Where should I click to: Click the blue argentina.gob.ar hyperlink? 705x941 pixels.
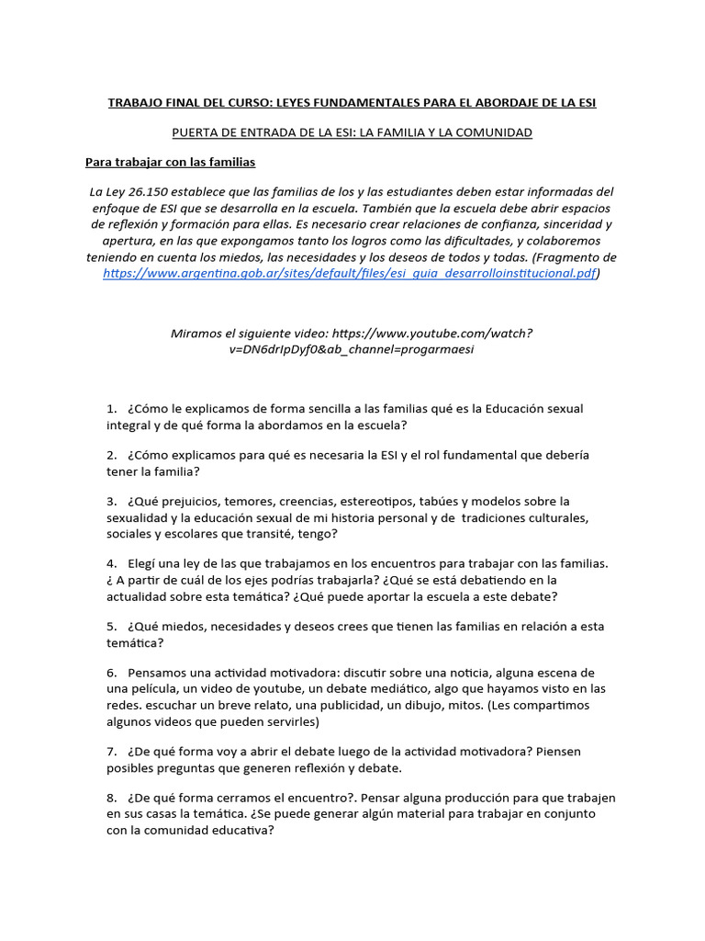pos(350,273)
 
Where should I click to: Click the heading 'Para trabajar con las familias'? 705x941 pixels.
pos(170,163)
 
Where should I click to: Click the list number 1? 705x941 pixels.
pos(111,408)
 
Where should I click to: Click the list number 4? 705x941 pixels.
pos(111,563)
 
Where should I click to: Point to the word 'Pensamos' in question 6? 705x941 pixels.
pos(159,673)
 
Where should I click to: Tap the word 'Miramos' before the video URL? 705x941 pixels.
pos(196,334)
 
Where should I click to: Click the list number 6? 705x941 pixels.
pos(111,673)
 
